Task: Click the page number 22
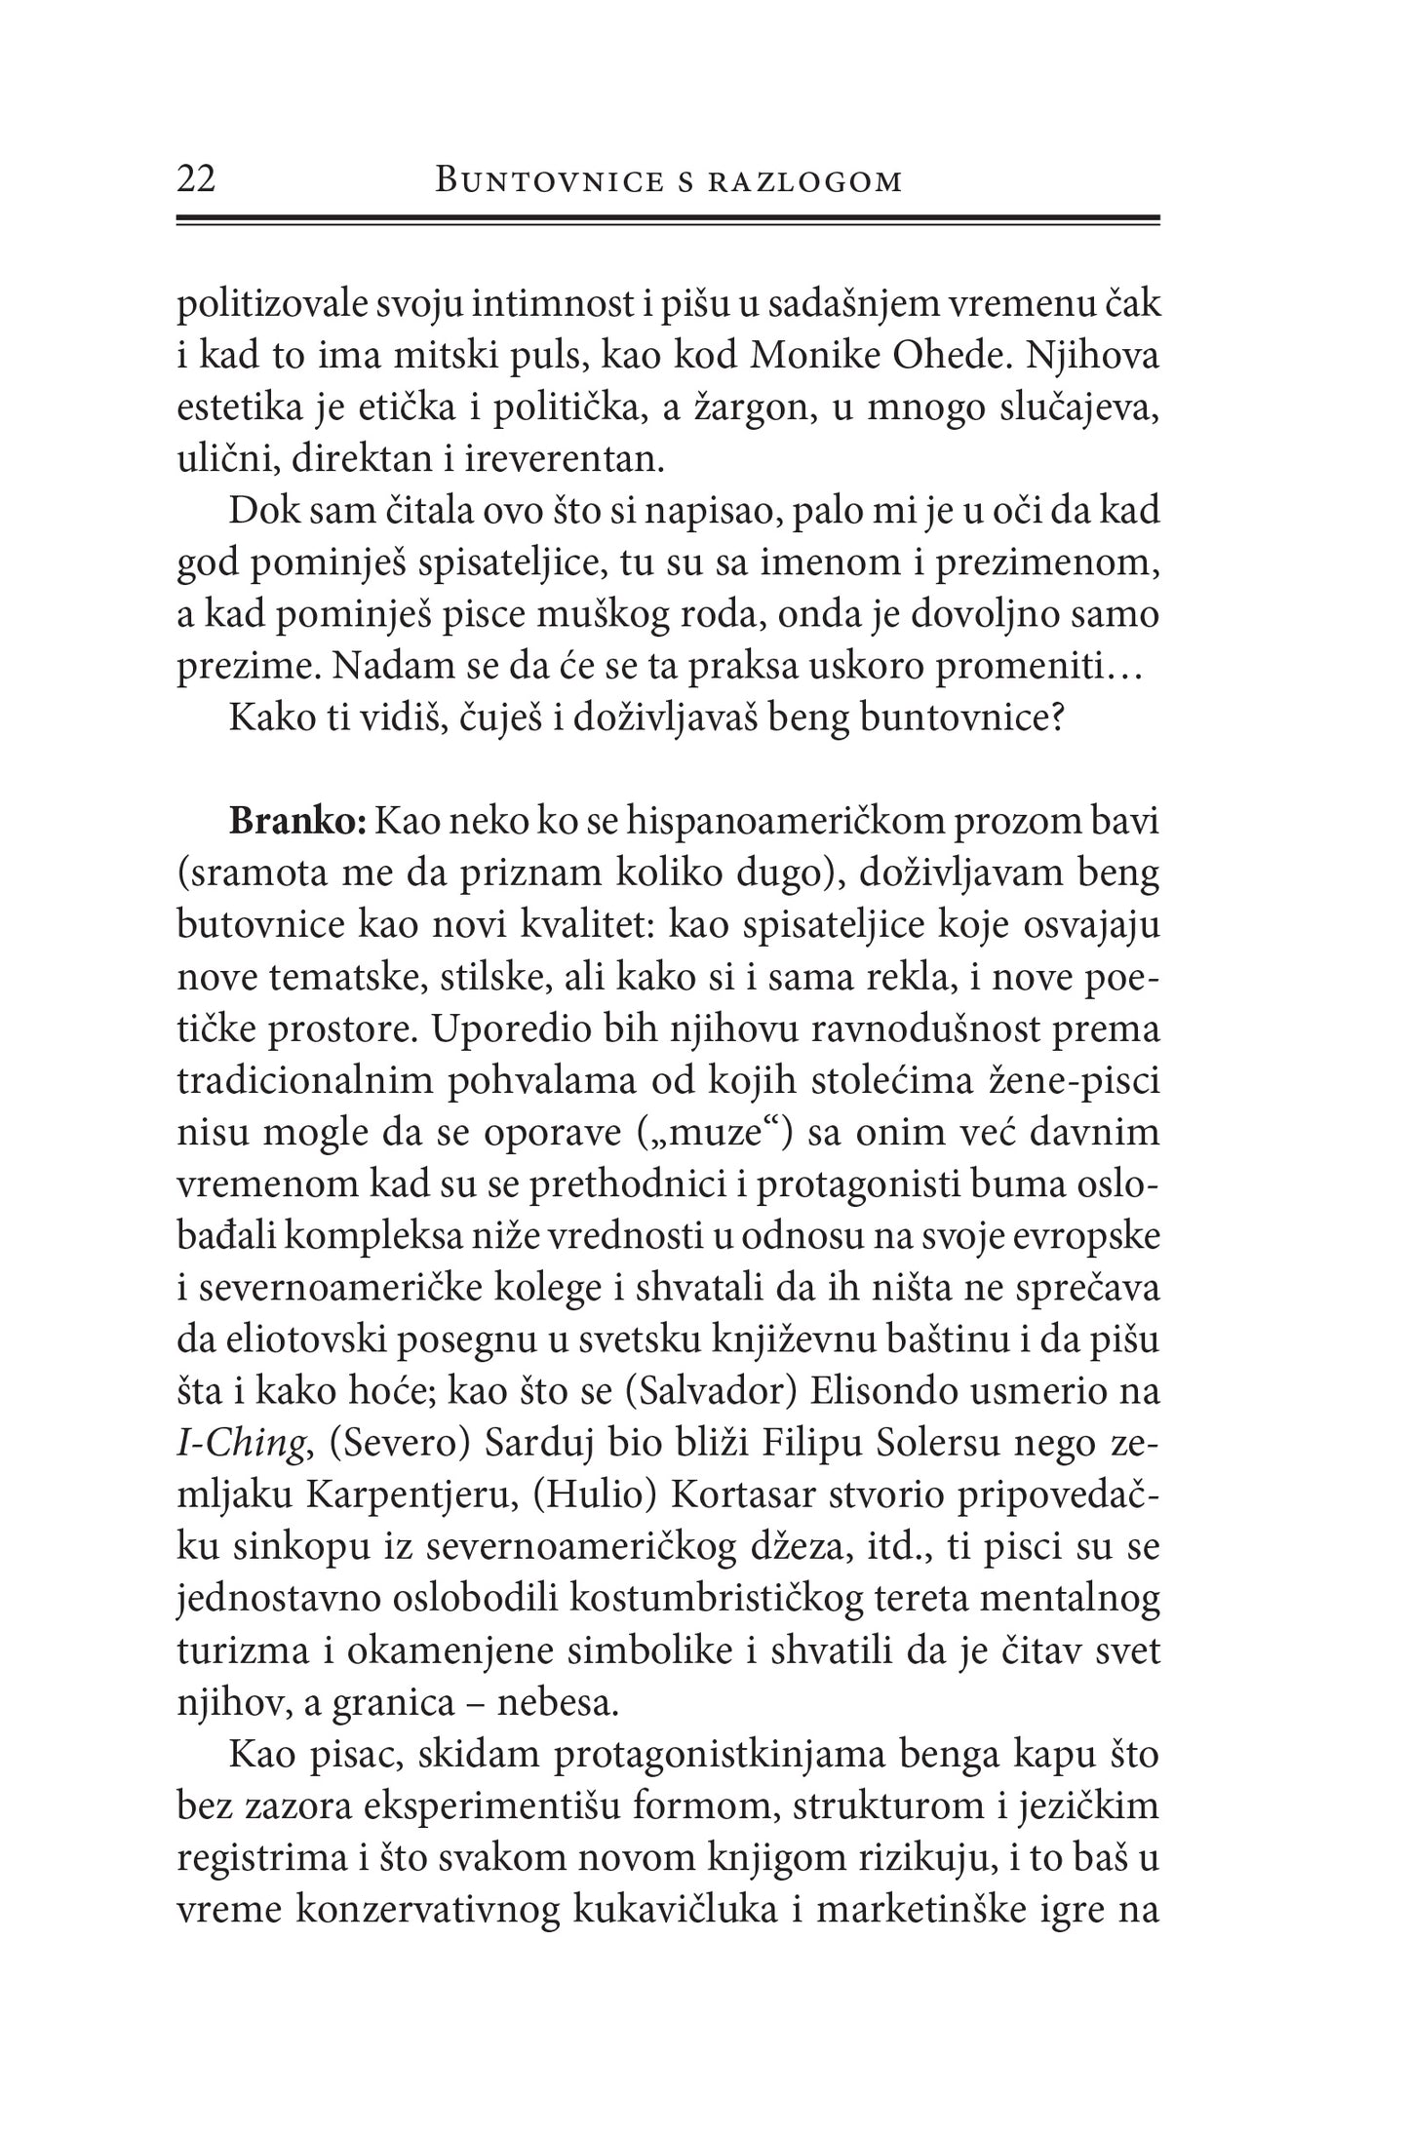[x=197, y=179]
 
